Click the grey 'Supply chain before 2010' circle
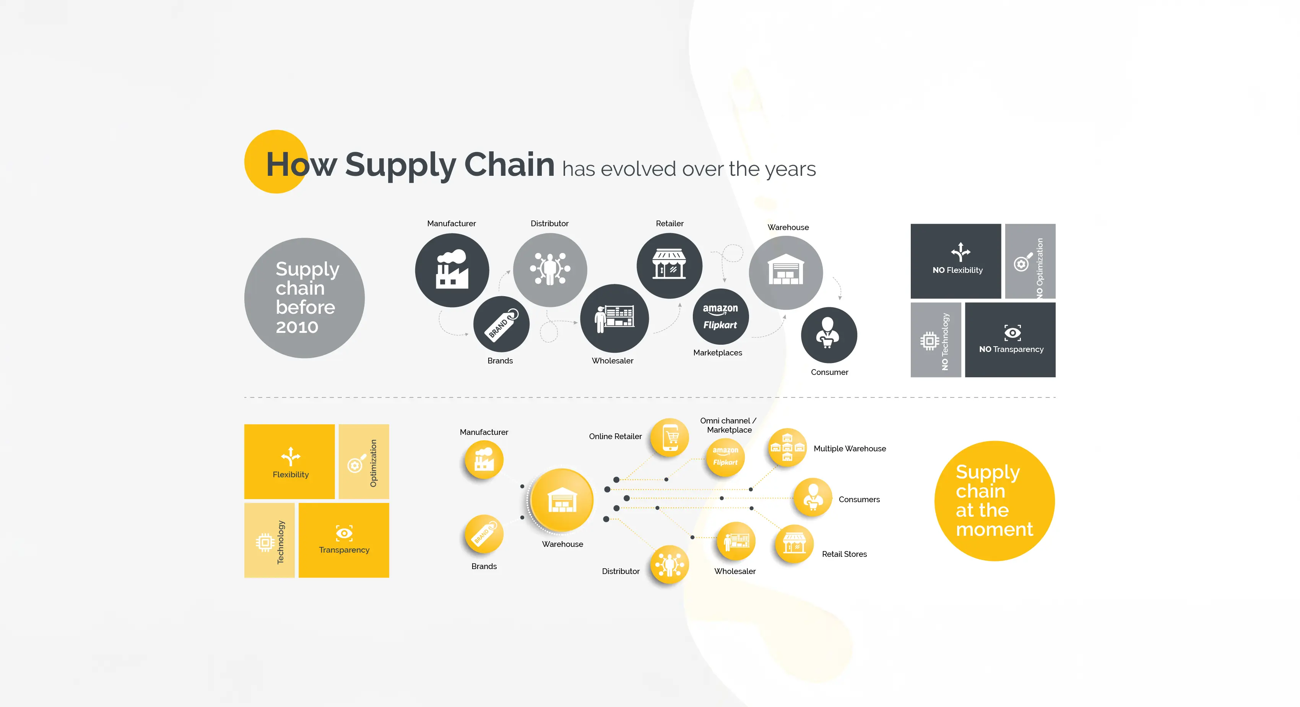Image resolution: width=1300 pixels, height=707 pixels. coord(304,298)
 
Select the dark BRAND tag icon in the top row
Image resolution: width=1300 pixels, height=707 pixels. coord(501,324)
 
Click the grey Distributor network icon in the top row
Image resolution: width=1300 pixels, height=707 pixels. coord(550,270)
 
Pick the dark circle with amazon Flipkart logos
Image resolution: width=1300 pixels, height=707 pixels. coord(721,317)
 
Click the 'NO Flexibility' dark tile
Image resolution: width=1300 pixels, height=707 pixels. coord(956,261)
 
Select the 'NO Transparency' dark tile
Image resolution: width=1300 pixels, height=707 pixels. coord(1010,340)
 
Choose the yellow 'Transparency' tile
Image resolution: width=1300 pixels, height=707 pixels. coord(344,540)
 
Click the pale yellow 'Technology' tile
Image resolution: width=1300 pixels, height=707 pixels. coord(270,540)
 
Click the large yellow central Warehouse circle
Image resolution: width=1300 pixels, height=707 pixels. coord(562,500)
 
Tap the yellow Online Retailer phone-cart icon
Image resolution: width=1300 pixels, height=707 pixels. coord(669,438)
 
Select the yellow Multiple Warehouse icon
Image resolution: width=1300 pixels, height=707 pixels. coord(787,447)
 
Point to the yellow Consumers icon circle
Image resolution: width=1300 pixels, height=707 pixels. coord(812,497)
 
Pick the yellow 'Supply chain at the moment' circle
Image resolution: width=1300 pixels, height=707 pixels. coord(994,501)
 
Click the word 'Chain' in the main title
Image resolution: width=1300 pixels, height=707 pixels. coord(509,164)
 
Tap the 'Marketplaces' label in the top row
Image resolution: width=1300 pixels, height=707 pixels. coord(718,352)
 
